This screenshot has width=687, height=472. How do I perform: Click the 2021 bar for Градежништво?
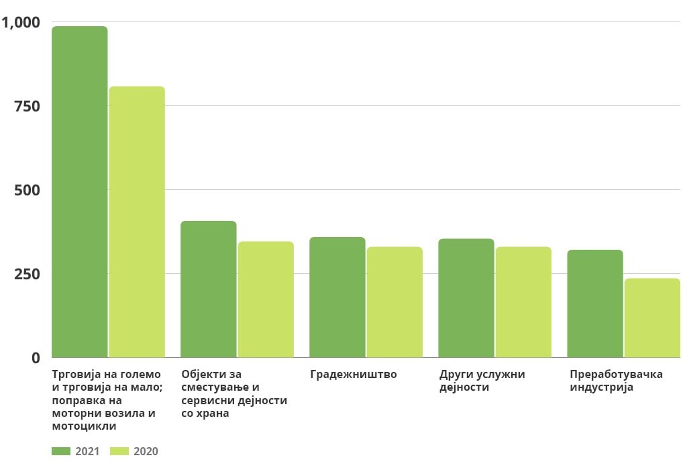click(x=337, y=297)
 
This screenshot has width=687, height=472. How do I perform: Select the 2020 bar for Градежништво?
click(x=394, y=302)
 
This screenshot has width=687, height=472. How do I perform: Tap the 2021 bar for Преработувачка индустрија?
click(x=594, y=303)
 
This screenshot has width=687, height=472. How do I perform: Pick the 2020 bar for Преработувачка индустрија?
click(x=652, y=318)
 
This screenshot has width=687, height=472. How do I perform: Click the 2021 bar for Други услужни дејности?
click(x=466, y=297)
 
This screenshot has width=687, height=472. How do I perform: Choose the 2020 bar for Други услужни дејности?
click(x=523, y=302)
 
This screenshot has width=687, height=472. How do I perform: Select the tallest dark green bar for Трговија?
click(x=79, y=191)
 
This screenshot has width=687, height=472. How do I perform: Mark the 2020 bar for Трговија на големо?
click(x=137, y=222)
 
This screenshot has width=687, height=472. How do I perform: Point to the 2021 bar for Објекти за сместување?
click(x=208, y=289)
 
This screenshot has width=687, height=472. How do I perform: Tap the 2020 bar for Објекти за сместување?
click(x=266, y=299)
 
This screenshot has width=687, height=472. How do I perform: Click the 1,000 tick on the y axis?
click(x=21, y=23)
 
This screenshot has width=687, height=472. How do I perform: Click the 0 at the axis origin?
click(x=36, y=358)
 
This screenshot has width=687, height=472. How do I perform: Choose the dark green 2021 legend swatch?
click(x=61, y=451)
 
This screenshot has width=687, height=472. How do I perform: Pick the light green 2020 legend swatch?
click(x=119, y=451)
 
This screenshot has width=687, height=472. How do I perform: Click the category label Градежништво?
click(x=354, y=375)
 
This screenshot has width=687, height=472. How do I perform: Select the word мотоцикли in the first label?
click(x=84, y=426)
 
